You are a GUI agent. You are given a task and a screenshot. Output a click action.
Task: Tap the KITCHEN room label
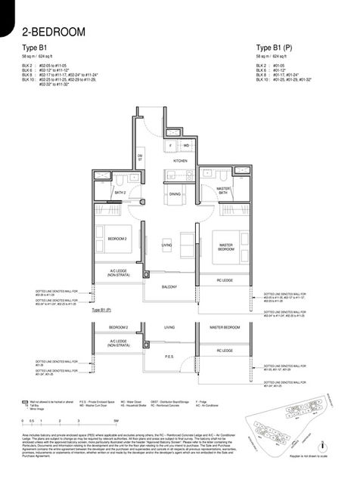180,161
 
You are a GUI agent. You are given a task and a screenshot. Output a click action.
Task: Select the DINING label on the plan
175,194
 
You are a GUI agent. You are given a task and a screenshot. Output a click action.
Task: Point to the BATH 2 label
119,193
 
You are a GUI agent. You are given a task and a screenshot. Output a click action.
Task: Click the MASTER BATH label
223,191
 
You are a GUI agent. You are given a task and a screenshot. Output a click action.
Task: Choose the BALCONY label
169,287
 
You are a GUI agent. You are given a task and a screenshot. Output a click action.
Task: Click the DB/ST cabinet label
140,157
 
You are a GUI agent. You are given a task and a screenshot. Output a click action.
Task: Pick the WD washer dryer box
186,144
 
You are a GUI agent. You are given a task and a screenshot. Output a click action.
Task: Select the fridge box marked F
172,144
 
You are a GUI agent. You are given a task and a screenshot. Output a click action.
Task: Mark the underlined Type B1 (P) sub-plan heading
101,311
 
